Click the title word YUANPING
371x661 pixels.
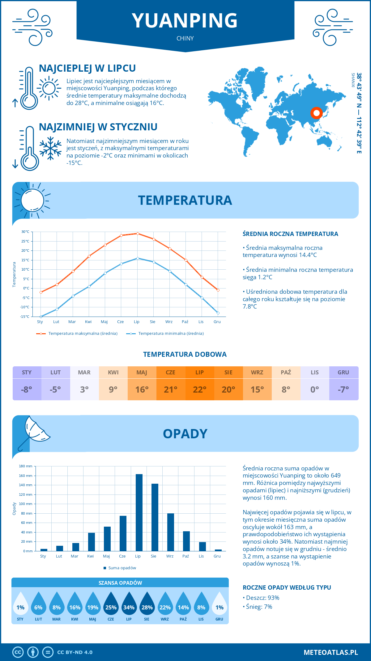[185, 21]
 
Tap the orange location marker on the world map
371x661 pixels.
[316, 113]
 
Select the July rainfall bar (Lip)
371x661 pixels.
[139, 512]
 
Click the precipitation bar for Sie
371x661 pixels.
[155, 517]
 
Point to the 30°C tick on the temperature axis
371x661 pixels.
[25, 232]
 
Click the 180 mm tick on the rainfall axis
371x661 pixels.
[26, 466]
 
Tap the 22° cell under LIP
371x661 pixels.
[200, 389]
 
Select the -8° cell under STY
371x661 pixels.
[27, 389]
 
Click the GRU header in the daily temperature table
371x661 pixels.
[343, 373]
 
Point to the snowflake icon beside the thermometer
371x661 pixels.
[50, 148]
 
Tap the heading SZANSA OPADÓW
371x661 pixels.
[120, 583]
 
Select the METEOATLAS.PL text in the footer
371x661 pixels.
[331, 652]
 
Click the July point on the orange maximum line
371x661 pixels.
[138, 234]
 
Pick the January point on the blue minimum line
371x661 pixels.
[41, 317]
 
